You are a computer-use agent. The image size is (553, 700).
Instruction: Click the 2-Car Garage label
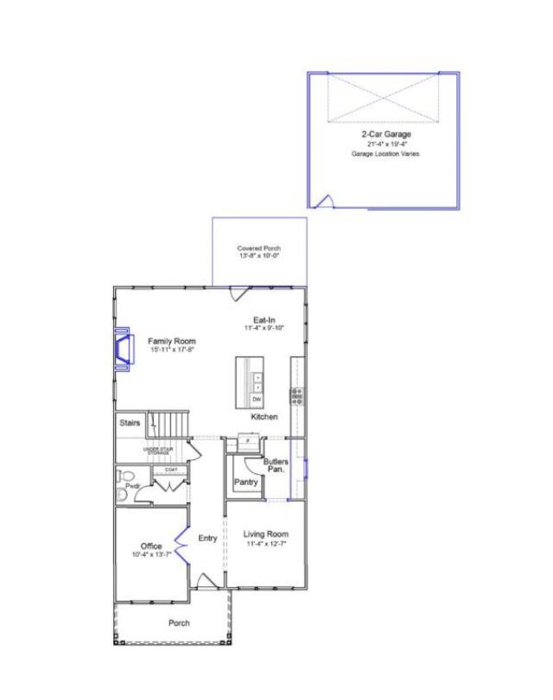click(385, 136)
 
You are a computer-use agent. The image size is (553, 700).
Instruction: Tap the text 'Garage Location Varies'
click(385, 154)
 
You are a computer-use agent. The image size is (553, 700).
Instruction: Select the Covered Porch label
click(259, 249)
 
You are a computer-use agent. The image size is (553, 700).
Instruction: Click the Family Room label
click(171, 341)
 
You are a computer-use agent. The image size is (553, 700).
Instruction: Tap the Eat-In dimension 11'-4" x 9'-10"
click(264, 328)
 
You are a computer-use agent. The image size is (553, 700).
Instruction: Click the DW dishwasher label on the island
click(257, 400)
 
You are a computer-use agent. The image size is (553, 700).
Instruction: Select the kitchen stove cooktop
click(296, 396)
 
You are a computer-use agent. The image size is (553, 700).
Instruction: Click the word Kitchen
click(264, 418)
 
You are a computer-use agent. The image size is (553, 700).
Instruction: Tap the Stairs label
click(130, 423)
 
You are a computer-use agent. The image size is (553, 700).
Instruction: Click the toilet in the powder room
click(126, 476)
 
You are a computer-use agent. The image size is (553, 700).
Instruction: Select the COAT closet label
click(170, 469)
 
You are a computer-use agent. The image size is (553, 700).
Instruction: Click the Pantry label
click(245, 482)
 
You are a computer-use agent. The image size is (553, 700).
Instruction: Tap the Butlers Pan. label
click(276, 465)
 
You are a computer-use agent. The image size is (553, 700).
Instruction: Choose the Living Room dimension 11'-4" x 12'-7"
click(265, 544)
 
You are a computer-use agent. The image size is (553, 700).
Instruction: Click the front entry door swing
click(206, 581)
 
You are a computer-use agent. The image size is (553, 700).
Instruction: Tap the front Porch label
click(179, 622)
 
